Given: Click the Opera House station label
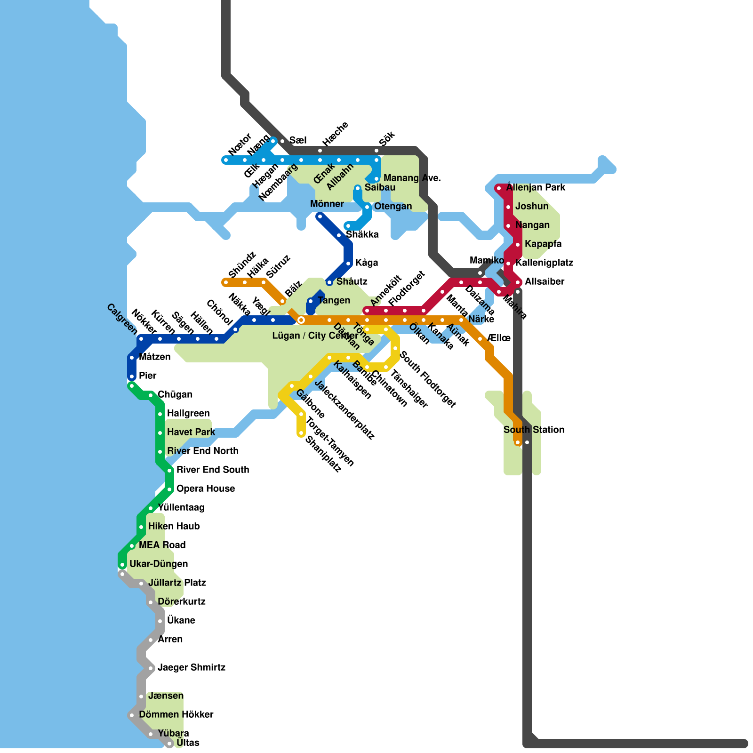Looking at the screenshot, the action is click(205, 489).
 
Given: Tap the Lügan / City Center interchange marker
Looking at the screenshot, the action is click(301, 320).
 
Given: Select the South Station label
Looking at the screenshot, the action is click(534, 430).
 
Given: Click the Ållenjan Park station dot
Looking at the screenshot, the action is click(499, 188).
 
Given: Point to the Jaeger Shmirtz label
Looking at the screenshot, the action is click(191, 667).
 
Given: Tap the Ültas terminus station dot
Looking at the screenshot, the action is click(169, 744).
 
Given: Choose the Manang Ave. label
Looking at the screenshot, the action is click(412, 178).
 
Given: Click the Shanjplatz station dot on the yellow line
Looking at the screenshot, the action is click(301, 433).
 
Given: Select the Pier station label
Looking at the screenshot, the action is click(148, 376).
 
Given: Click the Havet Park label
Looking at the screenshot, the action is click(191, 432).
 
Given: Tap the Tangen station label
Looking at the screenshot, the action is click(334, 300).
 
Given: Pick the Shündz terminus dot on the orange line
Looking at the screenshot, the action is click(226, 282).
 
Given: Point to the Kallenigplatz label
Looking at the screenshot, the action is click(544, 263).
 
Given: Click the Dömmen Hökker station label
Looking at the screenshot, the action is click(176, 714).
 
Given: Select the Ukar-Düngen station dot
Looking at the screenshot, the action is click(122, 565).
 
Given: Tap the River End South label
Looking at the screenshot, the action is click(212, 470).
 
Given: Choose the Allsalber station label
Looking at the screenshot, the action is click(545, 281).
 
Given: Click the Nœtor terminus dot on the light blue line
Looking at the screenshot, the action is click(226, 160).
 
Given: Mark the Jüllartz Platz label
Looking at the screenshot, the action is click(177, 583).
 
